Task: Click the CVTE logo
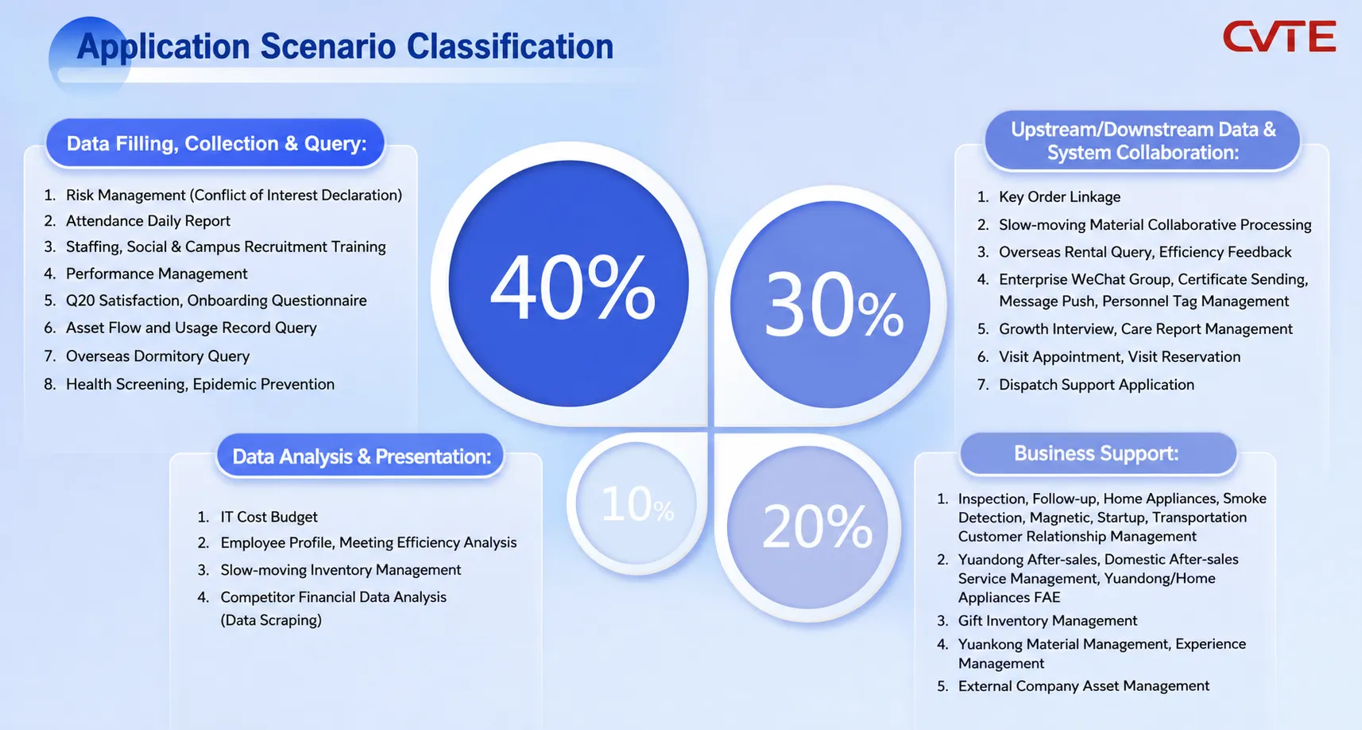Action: (1279, 37)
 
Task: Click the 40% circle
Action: (568, 283)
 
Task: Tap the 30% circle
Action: (830, 304)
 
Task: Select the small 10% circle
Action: (637, 503)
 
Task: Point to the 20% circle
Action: (807, 526)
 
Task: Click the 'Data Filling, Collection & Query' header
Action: (215, 144)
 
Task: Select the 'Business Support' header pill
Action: (1098, 453)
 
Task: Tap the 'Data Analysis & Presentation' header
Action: (361, 456)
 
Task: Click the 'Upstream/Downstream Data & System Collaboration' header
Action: (1143, 141)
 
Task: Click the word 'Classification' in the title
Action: (509, 46)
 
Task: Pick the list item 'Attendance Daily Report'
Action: (148, 221)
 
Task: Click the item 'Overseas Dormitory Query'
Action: (157, 356)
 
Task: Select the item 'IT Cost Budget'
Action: (269, 516)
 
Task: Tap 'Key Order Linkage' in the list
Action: (1060, 197)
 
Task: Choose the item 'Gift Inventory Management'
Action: (1047, 620)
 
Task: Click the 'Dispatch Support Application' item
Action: (1097, 384)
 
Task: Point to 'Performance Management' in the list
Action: (157, 274)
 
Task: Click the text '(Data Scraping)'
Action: (271, 620)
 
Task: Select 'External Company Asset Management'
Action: (1084, 685)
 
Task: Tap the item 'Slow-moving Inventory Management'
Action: (340, 569)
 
